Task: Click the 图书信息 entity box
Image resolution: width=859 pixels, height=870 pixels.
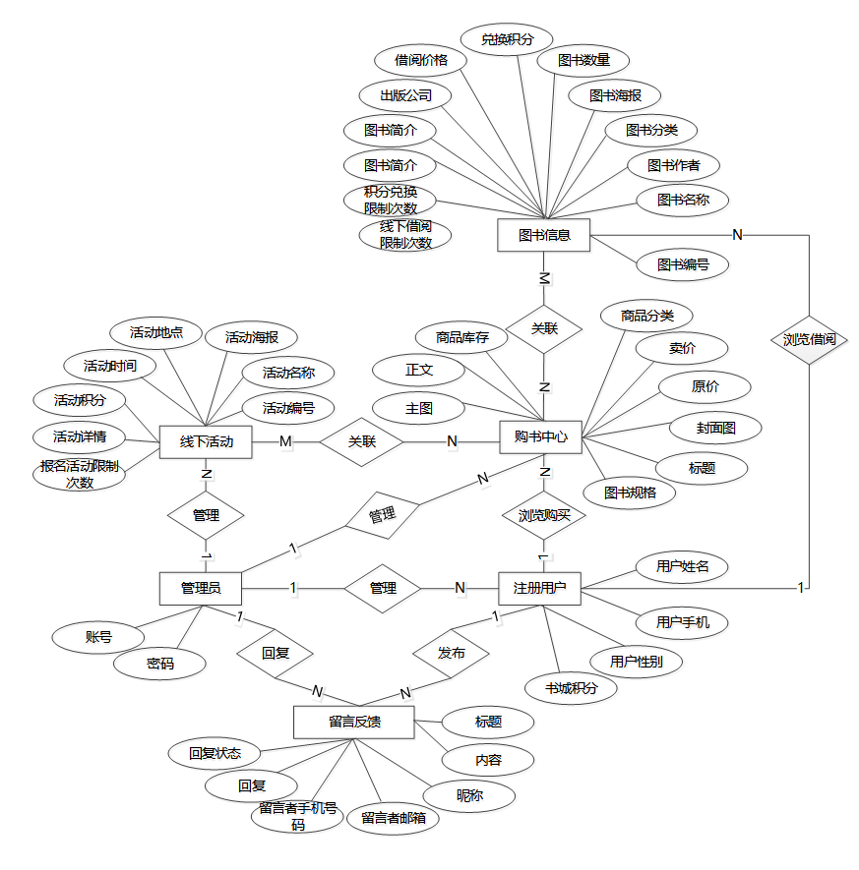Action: [x=543, y=235]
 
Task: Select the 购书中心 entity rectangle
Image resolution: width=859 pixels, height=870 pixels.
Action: [x=541, y=437]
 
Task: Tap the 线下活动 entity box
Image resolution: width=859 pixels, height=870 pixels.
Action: [x=206, y=442]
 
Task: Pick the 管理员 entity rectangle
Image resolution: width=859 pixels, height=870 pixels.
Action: [x=201, y=588]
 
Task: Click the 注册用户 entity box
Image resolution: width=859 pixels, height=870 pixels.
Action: [x=539, y=588]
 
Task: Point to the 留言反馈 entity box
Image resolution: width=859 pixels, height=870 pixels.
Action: [x=354, y=722]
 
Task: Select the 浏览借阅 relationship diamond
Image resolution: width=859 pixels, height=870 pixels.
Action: [x=809, y=339]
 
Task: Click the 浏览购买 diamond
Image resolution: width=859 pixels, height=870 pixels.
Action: [x=544, y=513]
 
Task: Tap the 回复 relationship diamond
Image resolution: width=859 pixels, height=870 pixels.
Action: [x=275, y=652]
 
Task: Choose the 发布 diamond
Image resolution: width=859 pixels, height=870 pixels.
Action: [x=452, y=652]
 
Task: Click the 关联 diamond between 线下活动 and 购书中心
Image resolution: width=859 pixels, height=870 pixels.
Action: [x=362, y=441]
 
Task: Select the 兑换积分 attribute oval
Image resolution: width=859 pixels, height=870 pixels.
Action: [x=508, y=40]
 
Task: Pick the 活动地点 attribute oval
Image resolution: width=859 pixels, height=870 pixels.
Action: [x=157, y=332]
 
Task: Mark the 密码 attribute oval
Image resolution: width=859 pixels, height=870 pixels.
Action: [x=160, y=664]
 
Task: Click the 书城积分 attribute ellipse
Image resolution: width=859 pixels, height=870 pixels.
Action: [x=572, y=688]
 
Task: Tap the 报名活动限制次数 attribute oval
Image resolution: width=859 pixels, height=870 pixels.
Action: [x=81, y=475]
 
